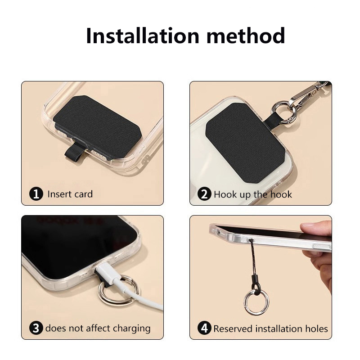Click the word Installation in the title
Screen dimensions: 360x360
tap(142, 36)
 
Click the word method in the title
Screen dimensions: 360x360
tap(246, 36)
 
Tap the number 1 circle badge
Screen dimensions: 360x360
tap(36, 194)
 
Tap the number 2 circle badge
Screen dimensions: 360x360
tap(204, 194)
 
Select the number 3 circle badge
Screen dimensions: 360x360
tap(36, 328)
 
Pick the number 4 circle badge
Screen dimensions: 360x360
tap(204, 328)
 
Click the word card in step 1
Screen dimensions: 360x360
tap(83, 194)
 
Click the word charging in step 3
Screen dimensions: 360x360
tap(131, 329)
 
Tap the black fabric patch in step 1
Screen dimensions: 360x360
tap(97, 126)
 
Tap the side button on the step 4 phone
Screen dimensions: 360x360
tap(321, 246)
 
